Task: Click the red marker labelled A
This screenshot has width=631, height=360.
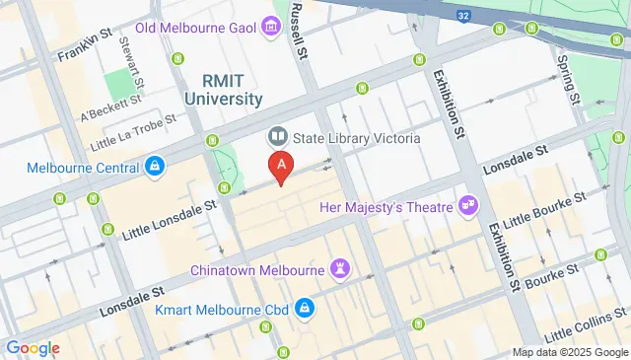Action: click(282, 167)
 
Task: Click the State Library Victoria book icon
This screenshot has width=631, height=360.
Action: click(277, 137)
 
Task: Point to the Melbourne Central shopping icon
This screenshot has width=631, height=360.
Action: click(155, 167)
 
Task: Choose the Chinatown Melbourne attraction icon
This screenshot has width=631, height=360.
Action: click(341, 269)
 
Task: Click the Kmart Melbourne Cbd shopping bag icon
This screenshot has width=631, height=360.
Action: click(305, 310)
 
